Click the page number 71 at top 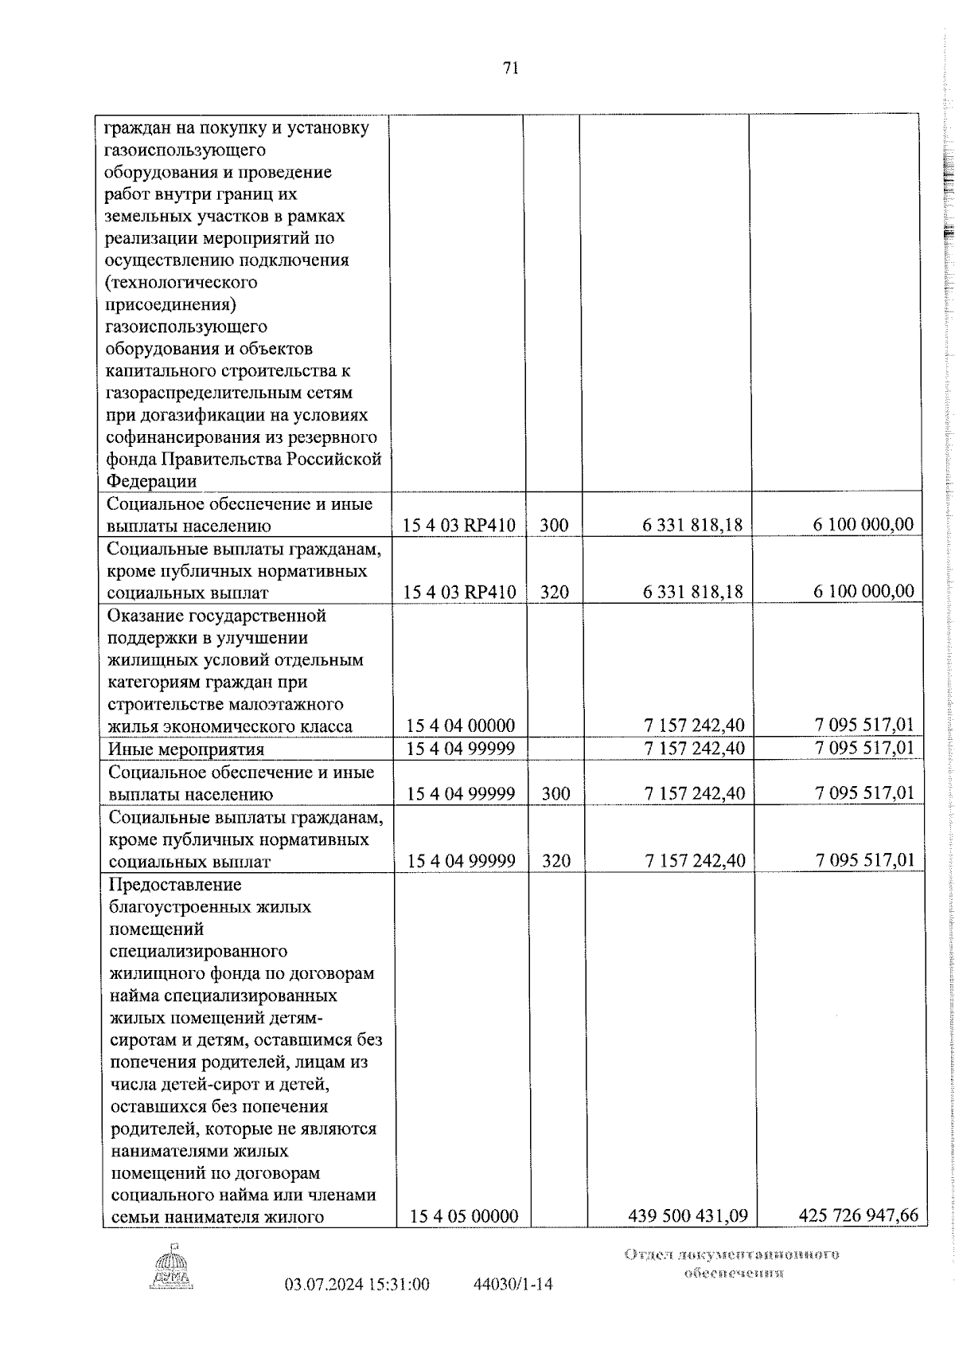tap(510, 68)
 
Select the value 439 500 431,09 tap(688, 1238)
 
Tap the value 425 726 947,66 tap(858, 1238)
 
